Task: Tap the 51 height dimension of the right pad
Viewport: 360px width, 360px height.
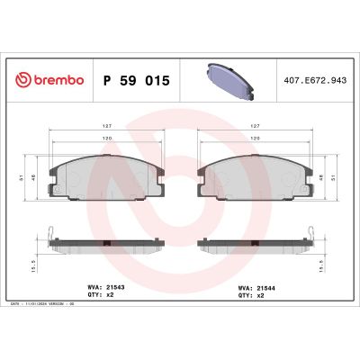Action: coord(335,178)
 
